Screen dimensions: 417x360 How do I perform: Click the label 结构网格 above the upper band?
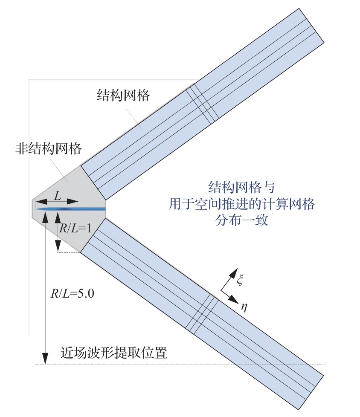(122, 96)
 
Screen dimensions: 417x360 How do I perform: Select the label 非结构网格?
(48, 149)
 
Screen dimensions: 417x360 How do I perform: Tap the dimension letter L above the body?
(56, 196)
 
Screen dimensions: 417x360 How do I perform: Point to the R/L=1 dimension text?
(75, 228)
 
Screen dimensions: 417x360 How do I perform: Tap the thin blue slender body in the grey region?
(70, 209)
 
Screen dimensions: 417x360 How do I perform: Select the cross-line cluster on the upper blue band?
(203, 104)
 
